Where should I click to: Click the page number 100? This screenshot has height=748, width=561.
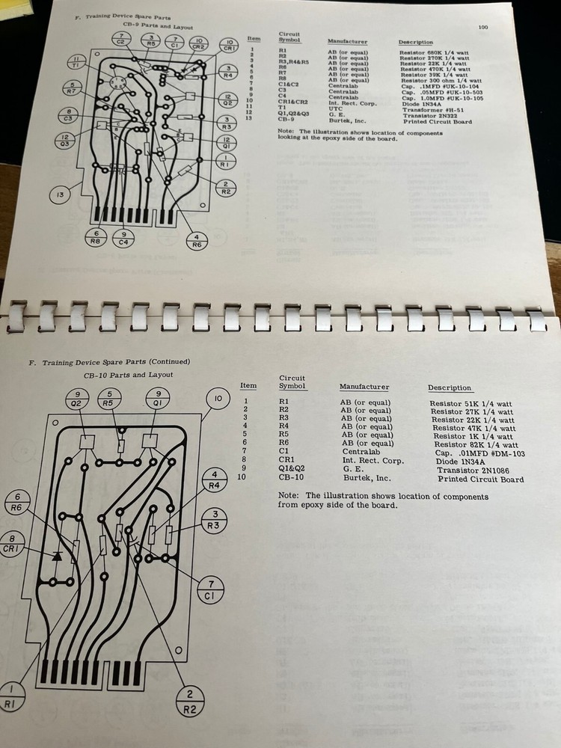click(x=482, y=28)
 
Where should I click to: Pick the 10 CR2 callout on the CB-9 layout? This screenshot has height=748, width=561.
click(x=197, y=43)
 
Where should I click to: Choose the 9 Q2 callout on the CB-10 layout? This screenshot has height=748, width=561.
click(x=76, y=399)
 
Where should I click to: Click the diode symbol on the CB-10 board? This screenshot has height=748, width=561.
click(x=57, y=556)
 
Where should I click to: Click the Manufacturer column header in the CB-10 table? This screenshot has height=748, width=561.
click(x=364, y=387)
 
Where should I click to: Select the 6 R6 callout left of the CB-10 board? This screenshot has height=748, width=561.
click(x=22, y=500)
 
